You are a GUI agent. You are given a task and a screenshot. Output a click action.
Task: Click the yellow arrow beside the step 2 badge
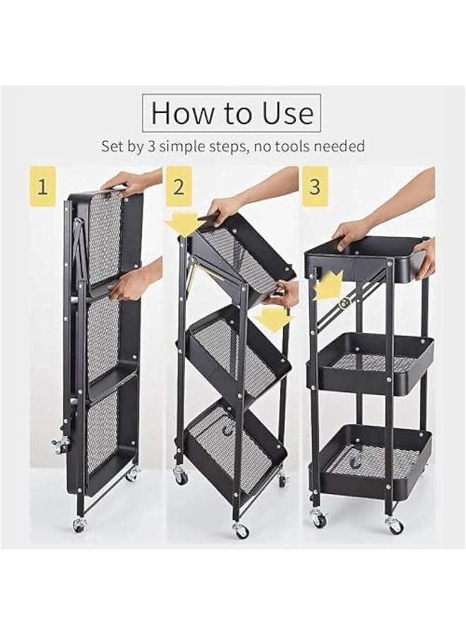pyautogui.click(x=184, y=224)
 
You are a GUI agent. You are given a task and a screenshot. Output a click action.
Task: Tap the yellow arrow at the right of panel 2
pyautogui.click(x=273, y=318)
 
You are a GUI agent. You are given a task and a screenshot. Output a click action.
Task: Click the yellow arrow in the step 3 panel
pyautogui.click(x=328, y=286)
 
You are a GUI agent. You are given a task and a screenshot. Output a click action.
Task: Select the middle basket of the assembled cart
pyautogui.click(x=374, y=363)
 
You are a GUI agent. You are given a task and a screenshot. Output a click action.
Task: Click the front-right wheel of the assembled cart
pyautogui.click(x=394, y=525)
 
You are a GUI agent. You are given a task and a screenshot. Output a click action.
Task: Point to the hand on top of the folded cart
pyautogui.click(x=127, y=182)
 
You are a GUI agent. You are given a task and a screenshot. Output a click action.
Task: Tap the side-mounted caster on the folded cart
pyautogui.click(x=61, y=445)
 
